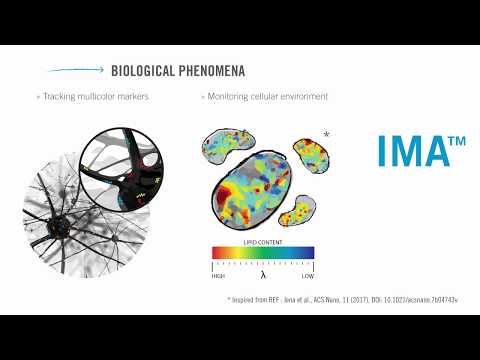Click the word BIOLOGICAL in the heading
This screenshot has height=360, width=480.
(x=142, y=71)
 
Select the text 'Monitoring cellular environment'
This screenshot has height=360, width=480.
(x=267, y=97)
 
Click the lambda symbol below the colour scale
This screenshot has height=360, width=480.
(x=263, y=275)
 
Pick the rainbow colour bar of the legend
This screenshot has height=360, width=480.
(x=262, y=253)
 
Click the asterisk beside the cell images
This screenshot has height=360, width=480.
(x=327, y=133)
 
